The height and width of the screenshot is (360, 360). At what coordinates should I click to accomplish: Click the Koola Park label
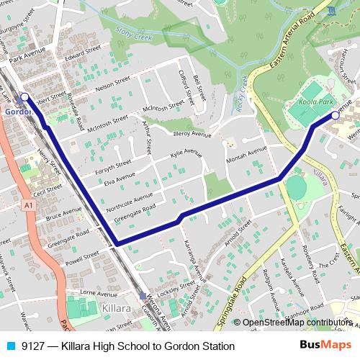(x=316, y=102)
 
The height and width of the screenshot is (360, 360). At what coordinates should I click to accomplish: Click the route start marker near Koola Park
(x=335, y=114)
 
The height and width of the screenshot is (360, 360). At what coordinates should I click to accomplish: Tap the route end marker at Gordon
(x=24, y=96)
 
